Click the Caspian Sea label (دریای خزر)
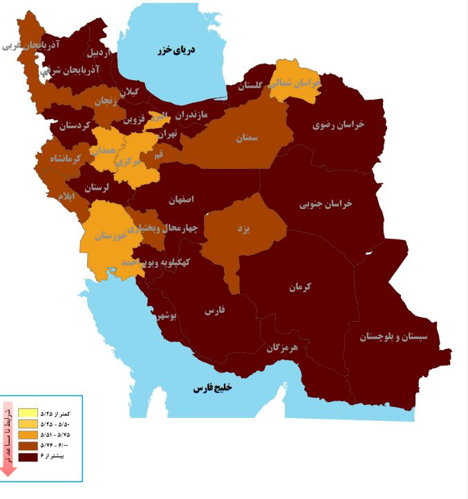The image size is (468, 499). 174,50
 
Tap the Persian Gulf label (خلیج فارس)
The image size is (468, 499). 212,388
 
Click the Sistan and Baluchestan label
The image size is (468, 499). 394,337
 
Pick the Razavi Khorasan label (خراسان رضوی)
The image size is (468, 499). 338,125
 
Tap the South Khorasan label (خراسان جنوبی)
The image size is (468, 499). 326,204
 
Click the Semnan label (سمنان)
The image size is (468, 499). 246,138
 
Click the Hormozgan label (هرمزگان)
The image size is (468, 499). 282,347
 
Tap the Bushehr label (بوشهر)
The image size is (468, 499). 167,316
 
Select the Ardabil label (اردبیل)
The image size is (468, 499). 98,53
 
